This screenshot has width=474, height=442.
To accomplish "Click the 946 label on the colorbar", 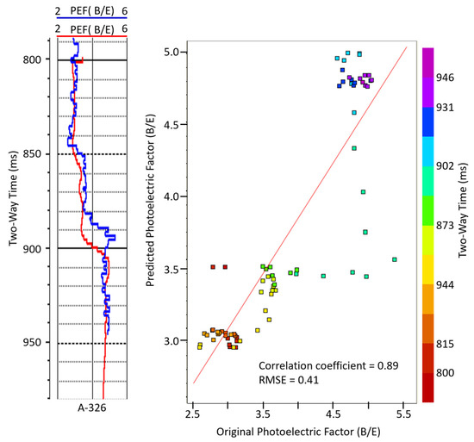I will coord(446,77).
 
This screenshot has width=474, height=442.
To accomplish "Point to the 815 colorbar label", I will coord(446,343).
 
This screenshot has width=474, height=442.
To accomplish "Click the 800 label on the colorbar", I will coord(446,372).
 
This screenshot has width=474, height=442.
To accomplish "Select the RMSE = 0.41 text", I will coord(290,380).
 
